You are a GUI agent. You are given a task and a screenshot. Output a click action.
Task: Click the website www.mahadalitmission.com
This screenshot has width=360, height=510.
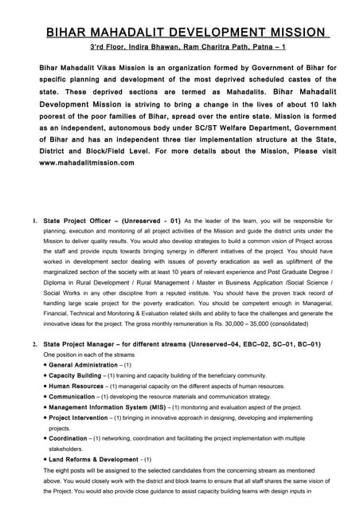[x=87, y=163]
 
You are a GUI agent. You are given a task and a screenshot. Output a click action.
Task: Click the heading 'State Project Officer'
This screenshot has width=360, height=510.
[x=79, y=220]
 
